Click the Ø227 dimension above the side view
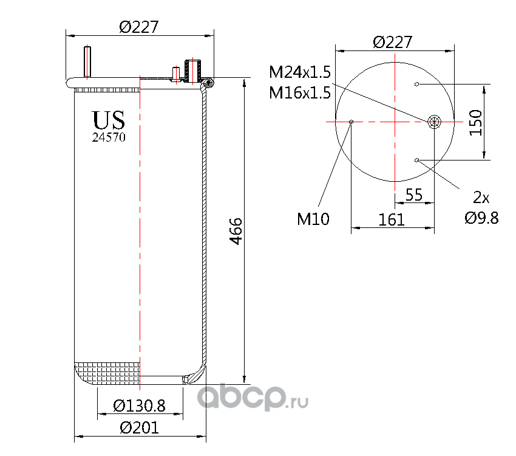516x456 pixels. tap(139, 27)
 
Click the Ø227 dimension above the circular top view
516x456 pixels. tap(393, 42)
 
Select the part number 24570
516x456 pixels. tap(109, 137)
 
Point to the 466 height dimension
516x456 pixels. tap(237, 231)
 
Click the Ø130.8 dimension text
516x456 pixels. tap(140, 406)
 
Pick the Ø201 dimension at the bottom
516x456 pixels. tap(139, 428)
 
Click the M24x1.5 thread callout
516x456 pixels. tap(300, 73)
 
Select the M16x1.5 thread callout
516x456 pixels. tap(300, 93)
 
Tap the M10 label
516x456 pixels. tap(313, 219)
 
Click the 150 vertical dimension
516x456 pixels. tap(475, 122)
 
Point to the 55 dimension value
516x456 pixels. tap(413, 195)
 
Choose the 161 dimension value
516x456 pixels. tap(392, 219)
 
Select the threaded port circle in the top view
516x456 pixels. tap(435, 121)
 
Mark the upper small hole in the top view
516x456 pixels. tap(416, 84)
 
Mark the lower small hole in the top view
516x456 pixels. tap(416, 160)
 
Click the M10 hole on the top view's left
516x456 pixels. tap(351, 122)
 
